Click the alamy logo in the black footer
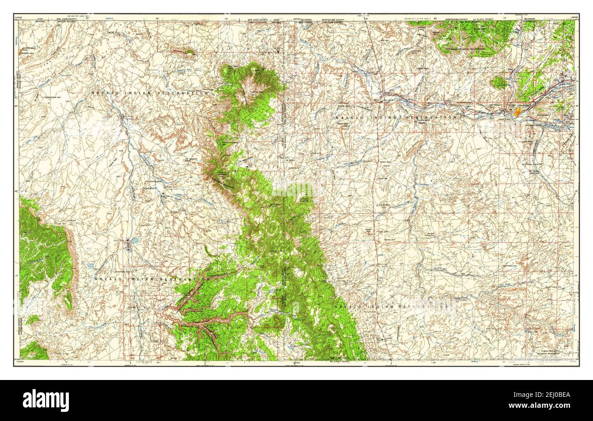[46, 400]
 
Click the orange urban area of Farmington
[516, 112]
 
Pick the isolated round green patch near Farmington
[499, 82]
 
